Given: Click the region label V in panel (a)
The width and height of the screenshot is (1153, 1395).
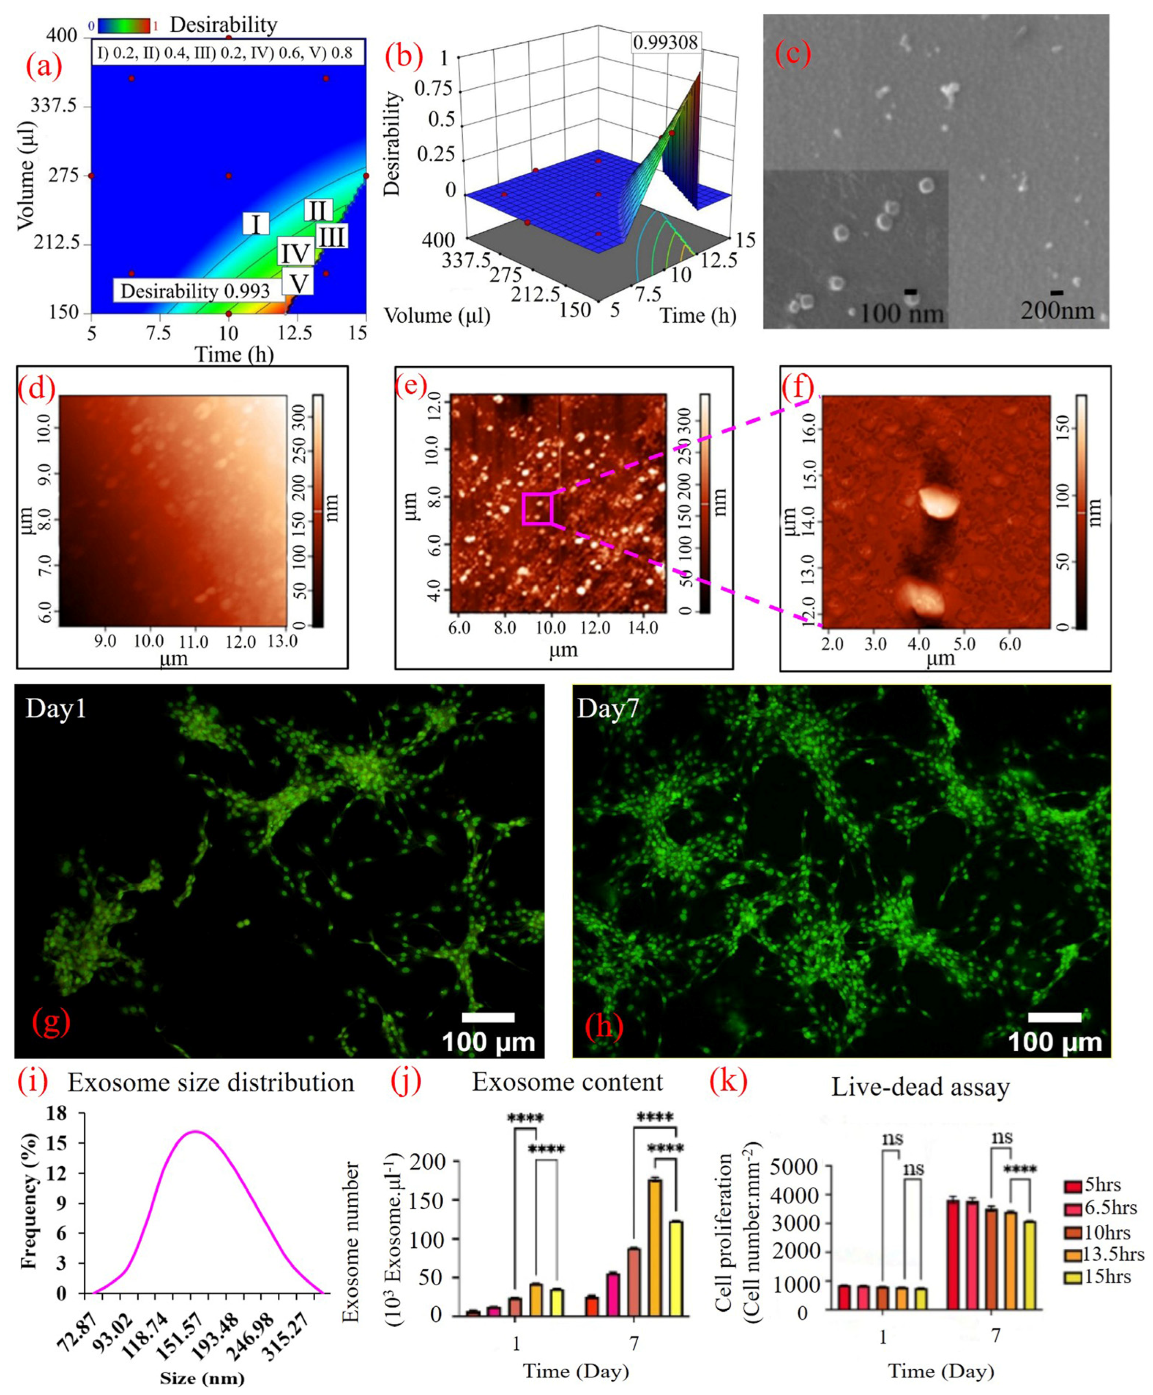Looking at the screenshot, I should (298, 283).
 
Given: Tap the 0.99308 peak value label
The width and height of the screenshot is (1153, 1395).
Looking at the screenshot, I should (665, 43).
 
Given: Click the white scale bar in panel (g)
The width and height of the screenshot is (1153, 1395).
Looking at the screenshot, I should (488, 1018).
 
